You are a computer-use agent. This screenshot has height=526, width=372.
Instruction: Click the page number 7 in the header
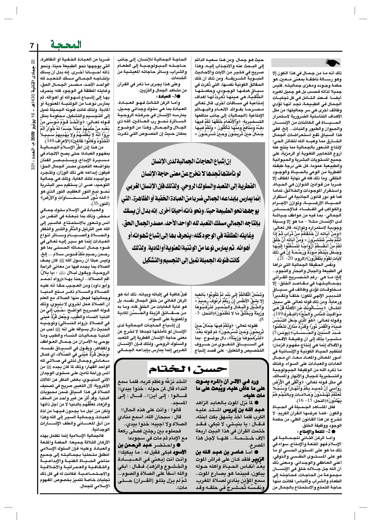pyautogui.click(x=32, y=46)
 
